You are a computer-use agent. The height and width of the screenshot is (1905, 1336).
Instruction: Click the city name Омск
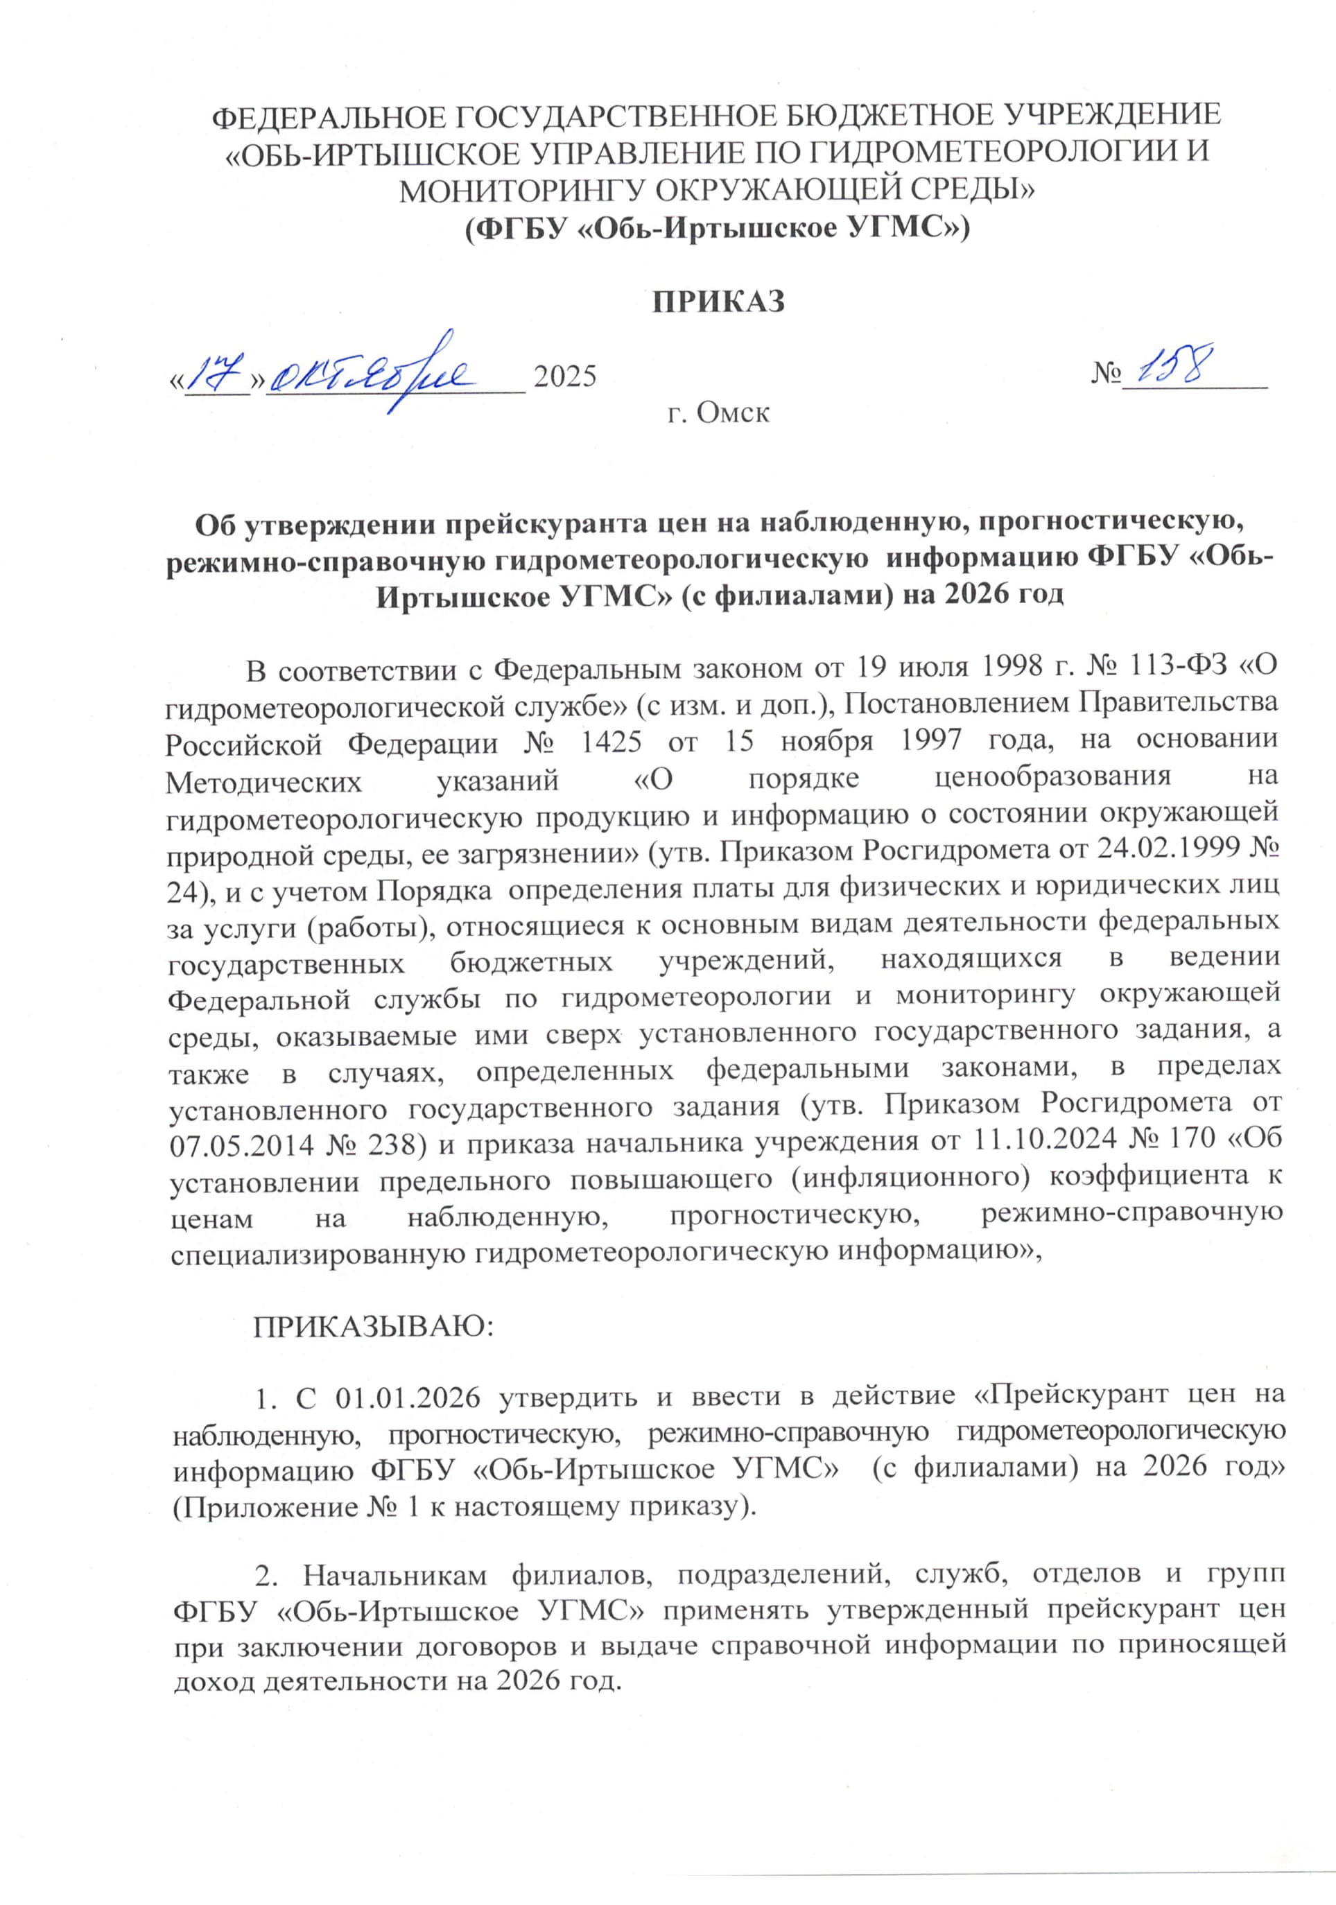(x=733, y=412)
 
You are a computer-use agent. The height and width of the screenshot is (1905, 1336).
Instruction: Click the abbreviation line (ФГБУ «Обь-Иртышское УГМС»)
(x=717, y=227)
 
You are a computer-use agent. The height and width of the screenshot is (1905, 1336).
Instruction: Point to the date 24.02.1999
(x=1168, y=849)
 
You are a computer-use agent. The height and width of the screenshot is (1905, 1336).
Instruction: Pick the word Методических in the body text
(x=264, y=779)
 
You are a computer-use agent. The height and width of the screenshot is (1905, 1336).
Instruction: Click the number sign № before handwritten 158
(x=1105, y=374)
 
